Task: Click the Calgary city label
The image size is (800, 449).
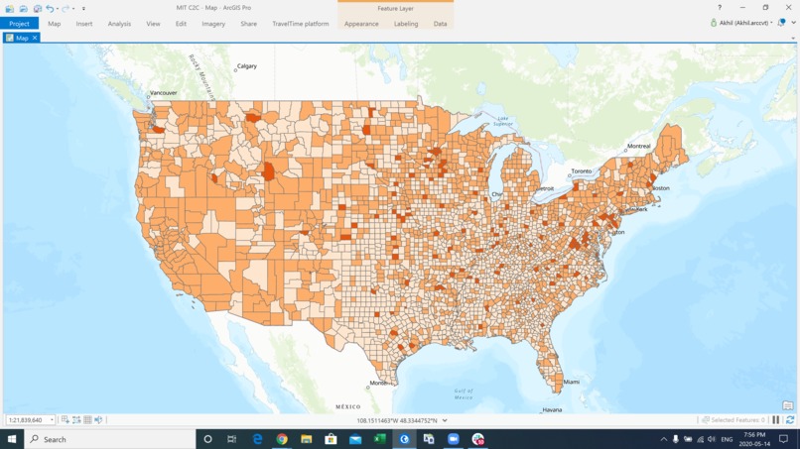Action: [246, 66]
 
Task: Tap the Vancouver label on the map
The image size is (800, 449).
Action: [163, 93]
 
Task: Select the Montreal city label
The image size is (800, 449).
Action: [638, 147]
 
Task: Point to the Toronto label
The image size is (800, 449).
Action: [581, 171]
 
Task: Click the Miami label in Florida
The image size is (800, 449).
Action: [571, 382]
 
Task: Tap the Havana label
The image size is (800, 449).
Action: [553, 409]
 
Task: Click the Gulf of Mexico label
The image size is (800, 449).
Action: [464, 393]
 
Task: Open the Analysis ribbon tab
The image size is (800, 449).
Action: [119, 24]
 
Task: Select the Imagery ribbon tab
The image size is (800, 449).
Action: [213, 24]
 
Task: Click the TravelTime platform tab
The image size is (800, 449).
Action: [301, 24]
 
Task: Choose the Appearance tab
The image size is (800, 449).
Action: [361, 24]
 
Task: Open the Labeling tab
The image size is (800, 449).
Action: [406, 24]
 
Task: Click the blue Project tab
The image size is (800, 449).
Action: [19, 24]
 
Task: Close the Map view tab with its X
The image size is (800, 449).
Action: [35, 38]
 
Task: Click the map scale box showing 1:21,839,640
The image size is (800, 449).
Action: [27, 420]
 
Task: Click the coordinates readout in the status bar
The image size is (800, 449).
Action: [396, 420]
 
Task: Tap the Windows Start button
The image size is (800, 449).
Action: [12, 439]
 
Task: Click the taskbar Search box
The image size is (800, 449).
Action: [109, 439]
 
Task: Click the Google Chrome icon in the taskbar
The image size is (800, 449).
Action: [282, 439]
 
